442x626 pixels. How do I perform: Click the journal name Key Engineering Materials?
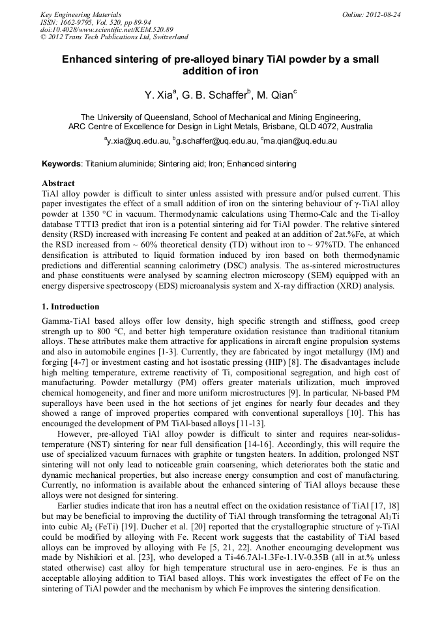(x=80, y=14)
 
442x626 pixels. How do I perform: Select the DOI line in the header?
(x=108, y=30)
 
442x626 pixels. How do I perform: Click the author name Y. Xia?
(x=158, y=95)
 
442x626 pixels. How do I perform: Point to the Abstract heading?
(x=58, y=184)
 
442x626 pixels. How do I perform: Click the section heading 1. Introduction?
(x=70, y=307)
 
